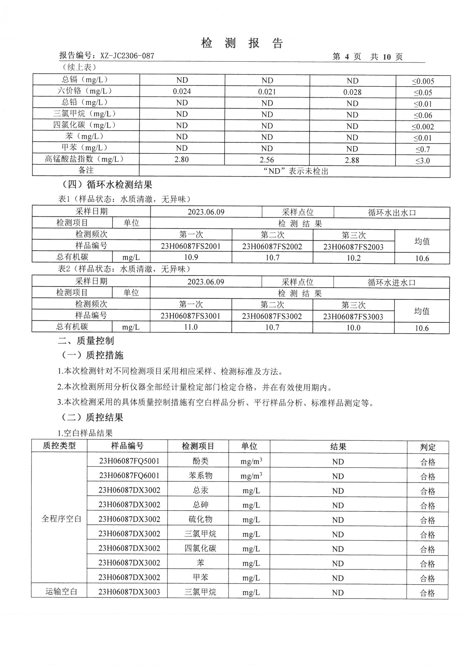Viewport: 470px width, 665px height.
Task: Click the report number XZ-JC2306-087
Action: click(127, 56)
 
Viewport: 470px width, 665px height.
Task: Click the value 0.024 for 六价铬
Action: click(182, 92)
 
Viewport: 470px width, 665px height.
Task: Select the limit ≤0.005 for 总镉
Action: click(423, 81)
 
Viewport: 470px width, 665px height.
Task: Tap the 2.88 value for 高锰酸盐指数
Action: click(352, 160)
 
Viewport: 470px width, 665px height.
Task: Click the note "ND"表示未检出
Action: click(296, 171)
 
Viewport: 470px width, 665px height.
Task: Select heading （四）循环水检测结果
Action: click(107, 185)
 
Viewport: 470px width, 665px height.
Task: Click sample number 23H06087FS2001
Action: click(191, 246)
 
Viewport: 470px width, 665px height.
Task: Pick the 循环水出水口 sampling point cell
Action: click(392, 212)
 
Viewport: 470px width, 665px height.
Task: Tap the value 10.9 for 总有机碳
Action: click(191, 257)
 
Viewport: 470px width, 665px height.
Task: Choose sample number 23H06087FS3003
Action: click(353, 317)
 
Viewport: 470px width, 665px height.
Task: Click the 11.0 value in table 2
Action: click(191, 327)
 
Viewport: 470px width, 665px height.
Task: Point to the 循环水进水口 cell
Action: click(391, 282)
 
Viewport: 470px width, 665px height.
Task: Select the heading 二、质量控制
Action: click(86, 341)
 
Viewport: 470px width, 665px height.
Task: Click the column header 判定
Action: click(427, 447)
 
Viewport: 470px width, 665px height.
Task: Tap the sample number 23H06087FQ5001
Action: click(129, 461)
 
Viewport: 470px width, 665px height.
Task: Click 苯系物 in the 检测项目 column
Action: click(200, 475)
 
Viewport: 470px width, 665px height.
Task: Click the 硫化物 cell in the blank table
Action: click(200, 519)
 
